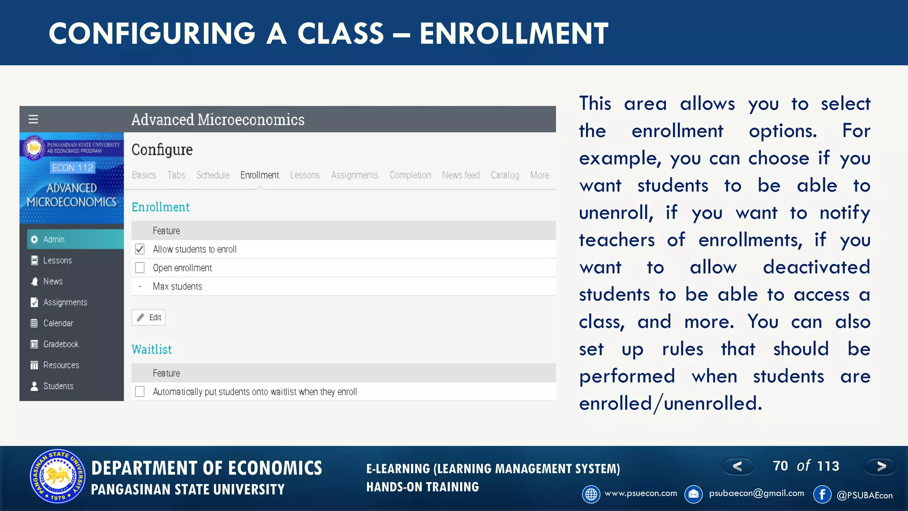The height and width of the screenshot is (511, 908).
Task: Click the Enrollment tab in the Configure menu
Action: click(x=259, y=175)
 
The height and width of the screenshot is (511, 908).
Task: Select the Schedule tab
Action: click(x=213, y=175)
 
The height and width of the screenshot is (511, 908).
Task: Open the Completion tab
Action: click(x=410, y=175)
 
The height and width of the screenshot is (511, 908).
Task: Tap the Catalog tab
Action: click(x=505, y=175)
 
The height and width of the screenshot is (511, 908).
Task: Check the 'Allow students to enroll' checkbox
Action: click(x=140, y=249)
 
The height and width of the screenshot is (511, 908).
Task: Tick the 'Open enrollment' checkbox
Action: click(x=140, y=268)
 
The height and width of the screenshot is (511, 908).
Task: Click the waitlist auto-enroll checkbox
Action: click(x=140, y=392)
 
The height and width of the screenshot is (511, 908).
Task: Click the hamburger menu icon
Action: click(x=33, y=119)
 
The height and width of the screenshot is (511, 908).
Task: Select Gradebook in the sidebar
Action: click(x=61, y=344)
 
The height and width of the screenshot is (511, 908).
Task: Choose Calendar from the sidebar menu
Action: click(x=58, y=323)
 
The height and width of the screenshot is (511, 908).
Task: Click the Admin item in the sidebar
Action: click(x=54, y=240)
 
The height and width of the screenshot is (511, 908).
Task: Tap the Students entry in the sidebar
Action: click(x=58, y=386)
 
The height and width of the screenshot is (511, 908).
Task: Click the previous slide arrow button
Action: click(x=738, y=466)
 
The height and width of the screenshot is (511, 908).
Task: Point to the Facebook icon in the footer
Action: click(x=822, y=494)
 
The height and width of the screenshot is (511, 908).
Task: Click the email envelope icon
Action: click(x=693, y=494)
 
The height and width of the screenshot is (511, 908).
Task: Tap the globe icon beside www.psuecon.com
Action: click(x=591, y=494)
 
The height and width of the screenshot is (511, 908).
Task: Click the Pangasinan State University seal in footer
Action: click(x=57, y=476)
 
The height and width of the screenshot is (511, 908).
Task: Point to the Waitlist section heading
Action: click(x=152, y=350)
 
